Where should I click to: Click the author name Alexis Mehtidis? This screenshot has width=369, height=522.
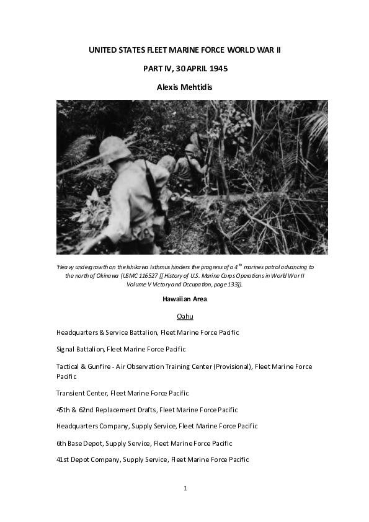click(x=184, y=87)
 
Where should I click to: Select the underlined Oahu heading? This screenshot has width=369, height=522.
click(x=185, y=316)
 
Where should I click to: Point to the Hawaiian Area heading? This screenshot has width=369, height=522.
click(x=184, y=299)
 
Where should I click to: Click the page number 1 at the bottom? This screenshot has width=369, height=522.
click(x=185, y=488)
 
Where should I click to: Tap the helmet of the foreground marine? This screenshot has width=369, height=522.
click(x=115, y=149)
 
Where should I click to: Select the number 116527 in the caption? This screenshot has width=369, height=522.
click(x=156, y=275)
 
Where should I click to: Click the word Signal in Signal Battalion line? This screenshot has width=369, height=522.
click(x=66, y=349)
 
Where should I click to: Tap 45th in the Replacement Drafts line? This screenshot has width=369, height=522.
click(x=64, y=410)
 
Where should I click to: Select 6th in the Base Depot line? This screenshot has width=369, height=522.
click(x=62, y=443)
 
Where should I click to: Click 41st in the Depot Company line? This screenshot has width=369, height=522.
click(x=64, y=459)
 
